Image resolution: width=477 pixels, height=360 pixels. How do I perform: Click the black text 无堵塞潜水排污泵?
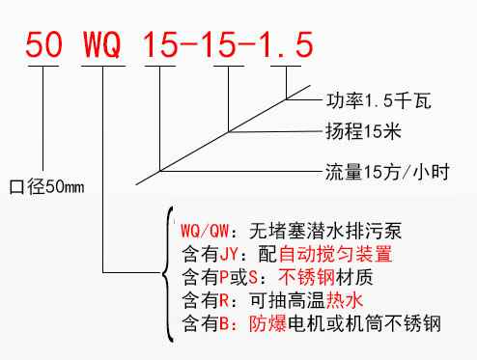tap(318, 232)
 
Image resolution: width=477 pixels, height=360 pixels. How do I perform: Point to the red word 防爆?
tap(267, 323)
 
